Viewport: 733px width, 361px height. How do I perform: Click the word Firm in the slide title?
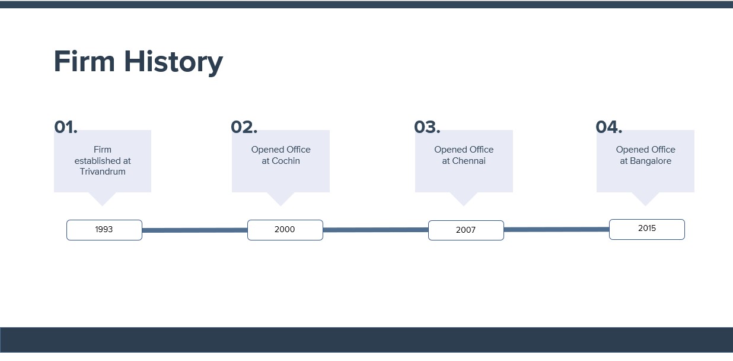[84, 61]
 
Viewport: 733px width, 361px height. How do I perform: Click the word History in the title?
[173, 63]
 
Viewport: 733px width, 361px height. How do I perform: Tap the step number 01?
[66, 127]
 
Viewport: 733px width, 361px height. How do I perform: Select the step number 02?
[244, 127]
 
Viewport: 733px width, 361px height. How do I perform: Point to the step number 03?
[428, 127]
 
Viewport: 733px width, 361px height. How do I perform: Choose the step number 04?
[609, 127]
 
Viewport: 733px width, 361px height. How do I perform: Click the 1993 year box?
[104, 230]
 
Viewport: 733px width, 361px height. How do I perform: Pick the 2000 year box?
[285, 230]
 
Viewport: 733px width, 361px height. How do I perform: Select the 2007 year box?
[466, 230]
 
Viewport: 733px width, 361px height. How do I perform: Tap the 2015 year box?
[647, 229]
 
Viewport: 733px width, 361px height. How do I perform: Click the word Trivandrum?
[103, 172]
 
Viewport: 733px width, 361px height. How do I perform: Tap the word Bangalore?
[651, 161]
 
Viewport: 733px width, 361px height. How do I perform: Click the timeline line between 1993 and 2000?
[195, 230]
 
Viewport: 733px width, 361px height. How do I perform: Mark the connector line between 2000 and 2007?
[375, 230]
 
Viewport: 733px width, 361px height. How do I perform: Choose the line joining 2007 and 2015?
[556, 230]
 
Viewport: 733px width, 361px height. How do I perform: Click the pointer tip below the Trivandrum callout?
[102, 205]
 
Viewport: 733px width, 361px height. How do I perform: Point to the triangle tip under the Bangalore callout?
[645, 205]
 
